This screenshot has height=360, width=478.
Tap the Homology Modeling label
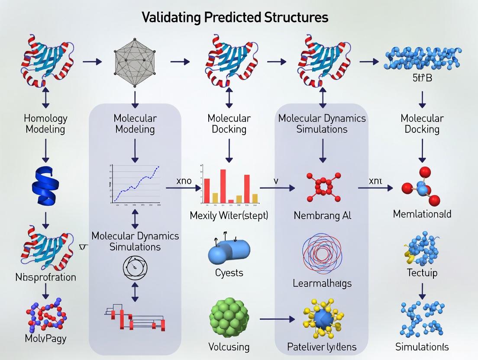(x=45, y=123)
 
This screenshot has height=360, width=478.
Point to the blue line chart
(x=136, y=183)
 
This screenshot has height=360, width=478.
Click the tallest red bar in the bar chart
(x=223, y=186)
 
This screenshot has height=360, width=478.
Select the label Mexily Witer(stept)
(x=229, y=215)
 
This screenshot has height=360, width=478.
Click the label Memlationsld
(x=422, y=214)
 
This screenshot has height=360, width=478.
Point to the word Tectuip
(x=422, y=273)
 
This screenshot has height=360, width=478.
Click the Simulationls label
(x=422, y=347)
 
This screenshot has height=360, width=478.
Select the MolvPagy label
(x=45, y=338)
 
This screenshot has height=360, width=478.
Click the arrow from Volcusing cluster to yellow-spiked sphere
(x=277, y=319)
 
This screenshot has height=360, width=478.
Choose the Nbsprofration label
(x=45, y=277)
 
